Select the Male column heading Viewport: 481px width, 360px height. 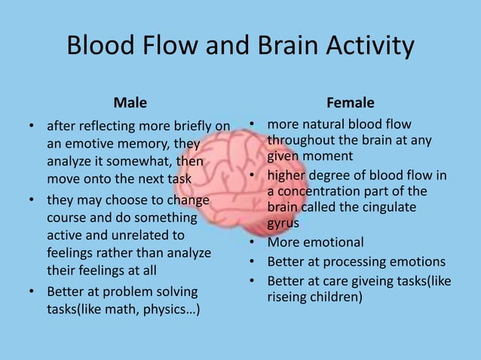(130, 102)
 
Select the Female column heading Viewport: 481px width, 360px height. (350, 102)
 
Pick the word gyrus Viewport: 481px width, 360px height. (283, 224)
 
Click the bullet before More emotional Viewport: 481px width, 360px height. (254, 243)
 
